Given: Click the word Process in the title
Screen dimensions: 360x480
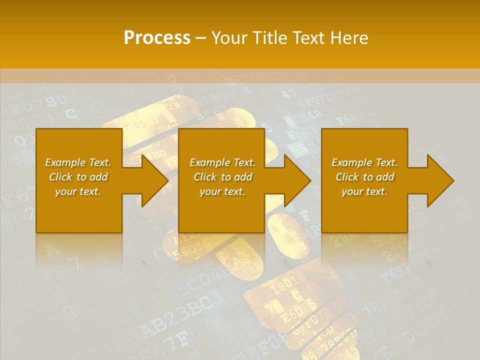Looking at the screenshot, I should [157, 38].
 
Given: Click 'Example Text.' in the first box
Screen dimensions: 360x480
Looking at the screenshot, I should [78, 162].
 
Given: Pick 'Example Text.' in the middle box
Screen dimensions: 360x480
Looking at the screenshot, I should [222, 162].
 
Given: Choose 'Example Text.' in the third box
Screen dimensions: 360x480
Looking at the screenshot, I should [364, 162].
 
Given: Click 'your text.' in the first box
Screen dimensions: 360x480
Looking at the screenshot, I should [78, 191].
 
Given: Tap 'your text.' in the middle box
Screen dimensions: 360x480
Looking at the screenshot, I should [222, 191].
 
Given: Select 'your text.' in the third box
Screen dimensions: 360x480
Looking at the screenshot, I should [364, 191].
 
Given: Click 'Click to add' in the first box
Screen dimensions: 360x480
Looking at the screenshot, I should [78, 177].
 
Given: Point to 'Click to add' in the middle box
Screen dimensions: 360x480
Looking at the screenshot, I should [222, 177].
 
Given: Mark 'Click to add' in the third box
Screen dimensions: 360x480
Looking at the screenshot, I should [364, 177].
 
